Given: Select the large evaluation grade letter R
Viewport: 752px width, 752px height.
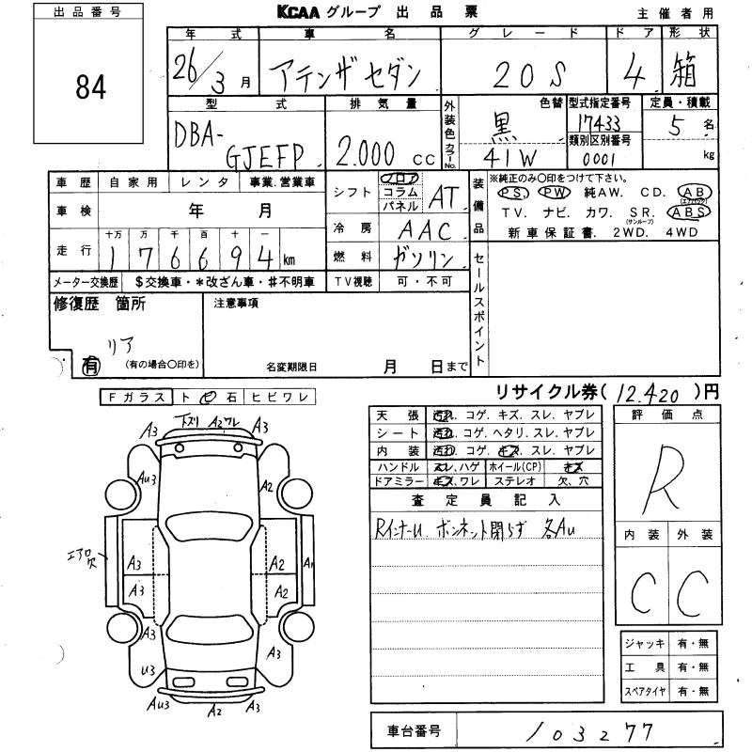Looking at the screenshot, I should tap(668, 470).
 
